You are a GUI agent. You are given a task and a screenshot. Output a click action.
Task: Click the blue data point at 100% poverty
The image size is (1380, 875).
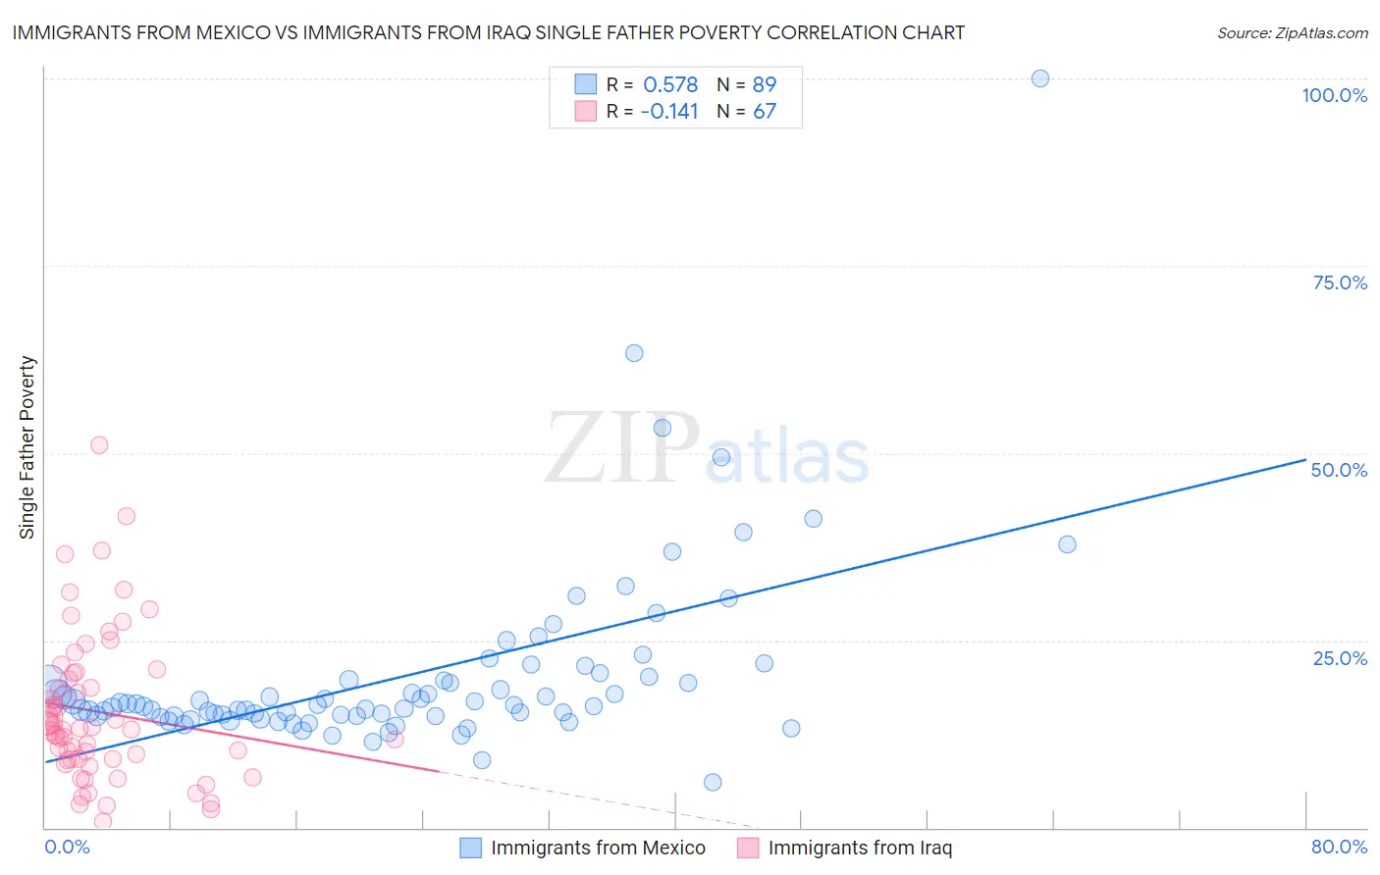(1040, 78)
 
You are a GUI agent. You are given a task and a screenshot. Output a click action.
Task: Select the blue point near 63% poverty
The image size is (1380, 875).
(634, 353)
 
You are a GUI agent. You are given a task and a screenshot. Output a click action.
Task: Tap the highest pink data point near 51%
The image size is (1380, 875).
(99, 445)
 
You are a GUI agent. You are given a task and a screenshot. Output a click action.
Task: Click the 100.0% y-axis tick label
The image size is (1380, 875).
(1334, 95)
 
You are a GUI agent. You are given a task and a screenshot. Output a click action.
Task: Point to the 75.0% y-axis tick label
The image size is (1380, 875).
(1340, 283)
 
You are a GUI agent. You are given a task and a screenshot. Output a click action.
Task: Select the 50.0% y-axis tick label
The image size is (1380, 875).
(1339, 470)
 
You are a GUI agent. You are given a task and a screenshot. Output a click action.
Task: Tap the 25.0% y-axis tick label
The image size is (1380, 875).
(1340, 658)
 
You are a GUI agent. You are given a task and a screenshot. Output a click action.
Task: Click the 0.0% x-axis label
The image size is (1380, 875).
(67, 847)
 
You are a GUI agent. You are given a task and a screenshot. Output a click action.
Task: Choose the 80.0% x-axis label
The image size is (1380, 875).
(1339, 847)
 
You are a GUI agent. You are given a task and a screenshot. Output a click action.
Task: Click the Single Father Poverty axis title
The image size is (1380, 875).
(27, 447)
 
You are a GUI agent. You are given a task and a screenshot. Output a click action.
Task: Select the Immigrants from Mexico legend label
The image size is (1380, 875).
(598, 849)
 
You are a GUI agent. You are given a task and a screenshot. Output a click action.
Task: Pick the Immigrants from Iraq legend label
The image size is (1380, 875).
(860, 849)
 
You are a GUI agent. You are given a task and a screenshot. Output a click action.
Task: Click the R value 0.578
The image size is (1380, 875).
(670, 85)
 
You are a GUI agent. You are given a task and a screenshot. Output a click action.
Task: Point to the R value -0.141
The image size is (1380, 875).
(668, 112)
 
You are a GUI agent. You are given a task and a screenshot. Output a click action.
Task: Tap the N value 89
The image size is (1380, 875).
(765, 85)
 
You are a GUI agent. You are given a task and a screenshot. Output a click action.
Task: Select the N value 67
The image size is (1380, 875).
(765, 112)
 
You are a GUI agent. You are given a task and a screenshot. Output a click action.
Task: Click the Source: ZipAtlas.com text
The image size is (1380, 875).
(1292, 33)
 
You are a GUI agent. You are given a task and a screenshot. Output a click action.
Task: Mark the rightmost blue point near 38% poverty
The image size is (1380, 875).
(1067, 544)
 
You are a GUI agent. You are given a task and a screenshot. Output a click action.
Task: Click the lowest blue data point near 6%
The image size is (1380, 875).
(713, 782)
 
